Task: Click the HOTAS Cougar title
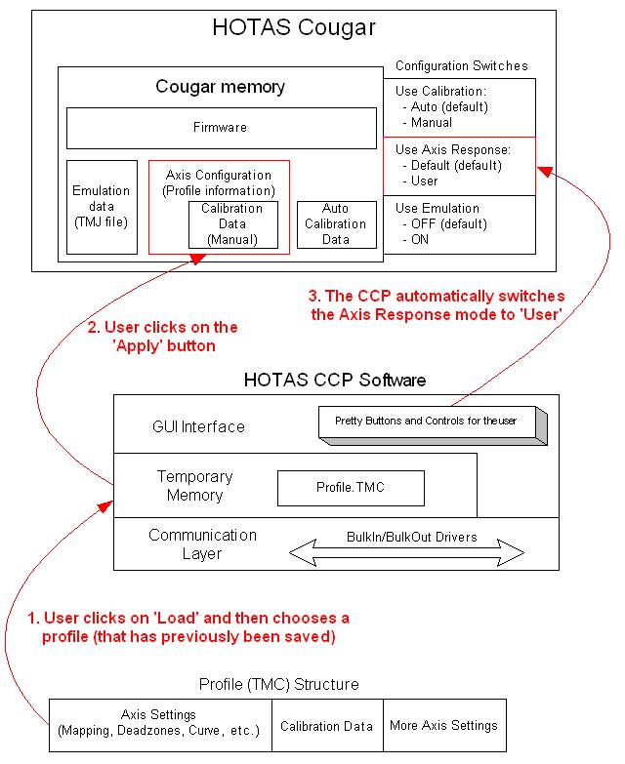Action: (294, 28)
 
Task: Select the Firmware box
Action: (221, 127)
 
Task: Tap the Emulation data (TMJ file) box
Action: (101, 206)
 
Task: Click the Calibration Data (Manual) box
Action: (232, 223)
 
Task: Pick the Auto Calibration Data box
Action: (335, 223)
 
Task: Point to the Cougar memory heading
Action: (220, 87)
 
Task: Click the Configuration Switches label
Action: (461, 66)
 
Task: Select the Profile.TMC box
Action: (351, 488)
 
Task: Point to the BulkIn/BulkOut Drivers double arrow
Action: (407, 552)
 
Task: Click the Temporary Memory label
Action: (195, 486)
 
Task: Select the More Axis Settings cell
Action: (443, 725)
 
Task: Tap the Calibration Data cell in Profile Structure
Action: (326, 726)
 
